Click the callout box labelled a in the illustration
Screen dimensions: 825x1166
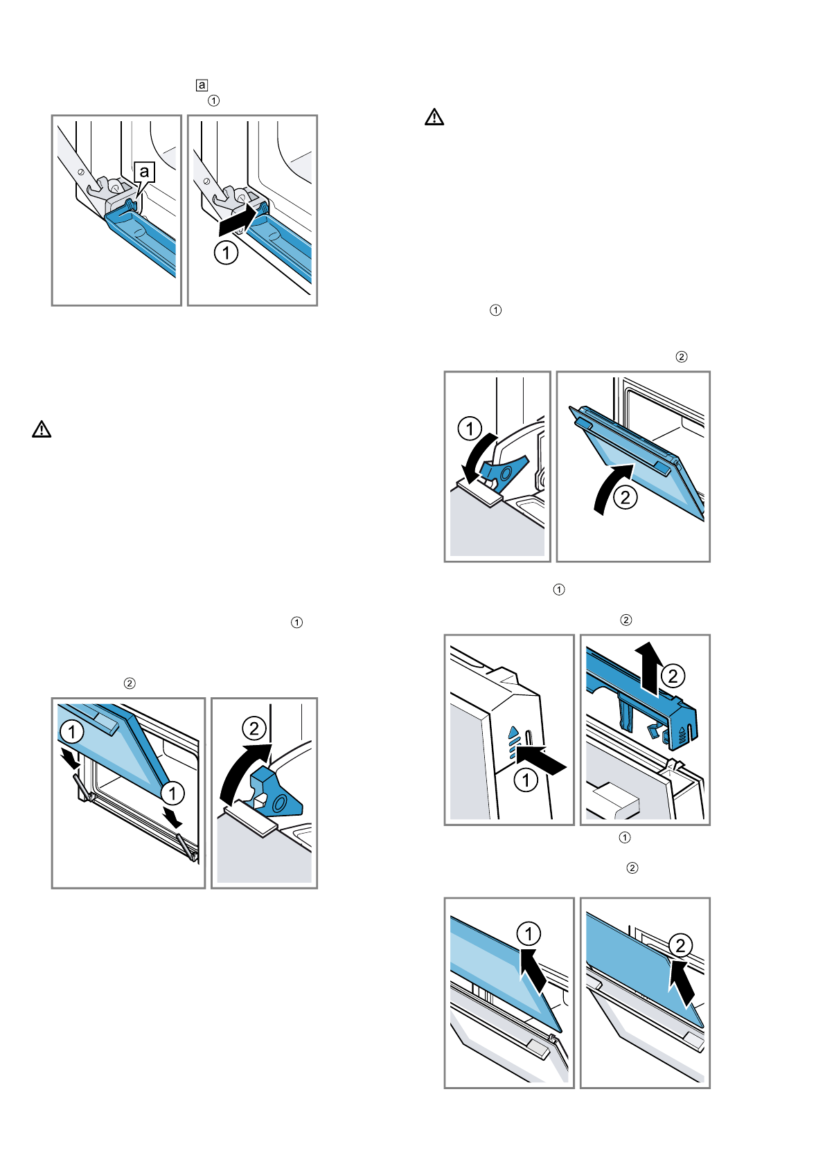[144, 172]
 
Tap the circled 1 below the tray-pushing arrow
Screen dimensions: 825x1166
[226, 252]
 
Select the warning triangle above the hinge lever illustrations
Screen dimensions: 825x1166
[434, 117]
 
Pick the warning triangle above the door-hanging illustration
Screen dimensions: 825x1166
[42, 429]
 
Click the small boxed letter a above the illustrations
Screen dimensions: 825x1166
[202, 85]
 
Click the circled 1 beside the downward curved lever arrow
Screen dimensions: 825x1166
[470, 429]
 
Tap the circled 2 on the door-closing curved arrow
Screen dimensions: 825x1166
[626, 497]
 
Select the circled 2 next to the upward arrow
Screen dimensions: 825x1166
[673, 676]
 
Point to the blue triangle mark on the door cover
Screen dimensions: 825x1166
[513, 731]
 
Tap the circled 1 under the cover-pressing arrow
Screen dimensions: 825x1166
[526, 780]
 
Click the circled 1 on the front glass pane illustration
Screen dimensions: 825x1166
[529, 934]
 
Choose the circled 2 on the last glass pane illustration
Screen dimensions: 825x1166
[680, 945]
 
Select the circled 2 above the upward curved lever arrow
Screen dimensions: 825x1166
[254, 728]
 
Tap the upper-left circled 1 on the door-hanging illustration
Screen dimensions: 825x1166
[72, 731]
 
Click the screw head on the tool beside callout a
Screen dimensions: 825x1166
[80, 171]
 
